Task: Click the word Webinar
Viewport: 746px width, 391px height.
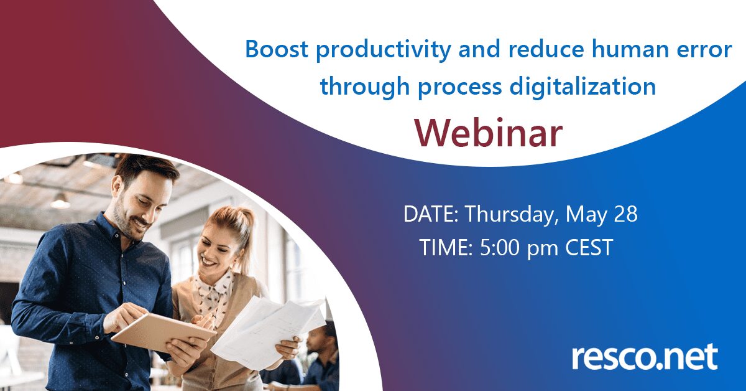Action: [x=489, y=133]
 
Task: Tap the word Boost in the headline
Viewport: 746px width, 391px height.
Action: [x=277, y=49]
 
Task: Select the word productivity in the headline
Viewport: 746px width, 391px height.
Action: [x=384, y=50]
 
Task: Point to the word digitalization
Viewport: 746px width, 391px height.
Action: [x=583, y=87]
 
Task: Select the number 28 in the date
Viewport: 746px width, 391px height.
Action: [x=626, y=214]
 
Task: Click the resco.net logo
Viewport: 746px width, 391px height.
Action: [x=645, y=356]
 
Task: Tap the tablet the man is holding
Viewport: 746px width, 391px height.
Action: [x=163, y=332]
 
